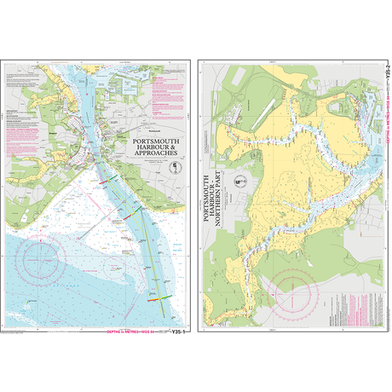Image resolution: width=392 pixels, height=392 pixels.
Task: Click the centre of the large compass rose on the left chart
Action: (x=39, y=256)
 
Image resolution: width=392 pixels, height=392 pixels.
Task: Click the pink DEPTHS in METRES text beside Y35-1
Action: (x=136, y=330)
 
